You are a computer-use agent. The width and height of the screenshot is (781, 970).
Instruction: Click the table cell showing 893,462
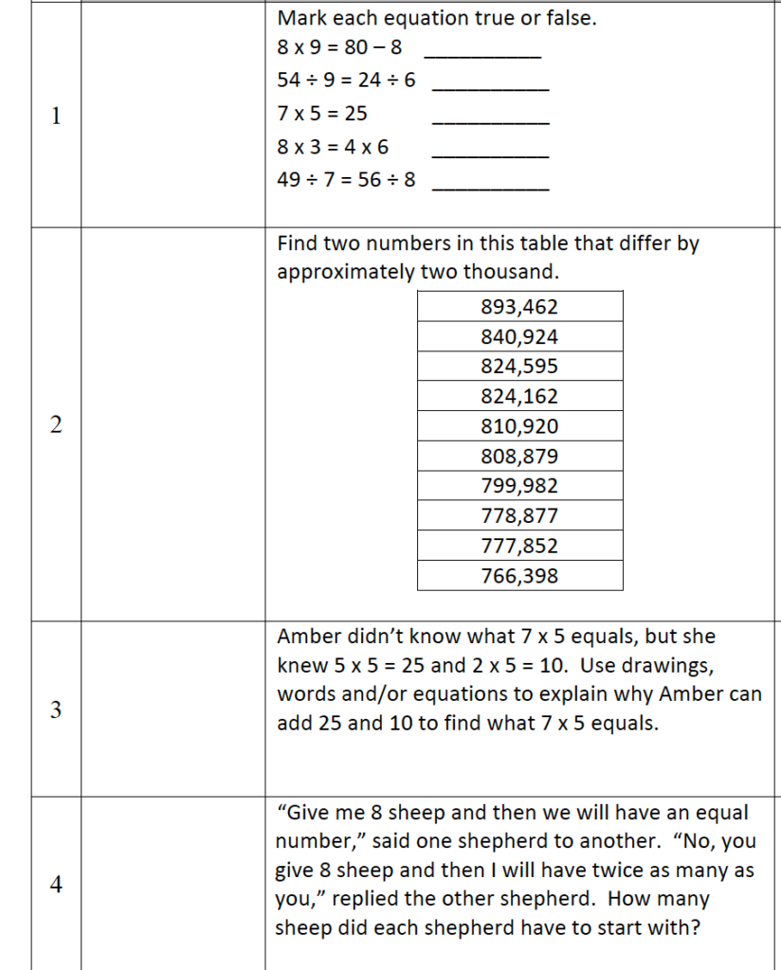click(x=519, y=307)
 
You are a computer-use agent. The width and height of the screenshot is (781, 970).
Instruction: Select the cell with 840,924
click(x=519, y=337)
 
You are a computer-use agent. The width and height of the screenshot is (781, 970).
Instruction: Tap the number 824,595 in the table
click(x=519, y=367)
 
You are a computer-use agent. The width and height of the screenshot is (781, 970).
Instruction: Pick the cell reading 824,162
click(x=519, y=397)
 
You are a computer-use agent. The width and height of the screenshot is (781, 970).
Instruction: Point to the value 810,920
click(x=519, y=426)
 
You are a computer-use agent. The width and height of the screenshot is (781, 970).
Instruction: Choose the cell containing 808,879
click(x=519, y=457)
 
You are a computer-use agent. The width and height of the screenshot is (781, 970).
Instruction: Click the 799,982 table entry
click(x=519, y=486)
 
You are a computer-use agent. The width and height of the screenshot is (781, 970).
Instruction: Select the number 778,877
click(x=519, y=516)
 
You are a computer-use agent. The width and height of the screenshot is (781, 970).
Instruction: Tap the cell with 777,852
click(x=519, y=546)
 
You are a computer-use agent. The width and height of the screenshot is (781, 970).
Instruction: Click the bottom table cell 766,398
click(x=519, y=576)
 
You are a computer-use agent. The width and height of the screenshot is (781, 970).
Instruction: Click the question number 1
click(x=56, y=117)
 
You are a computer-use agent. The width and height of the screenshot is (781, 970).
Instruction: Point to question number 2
click(x=56, y=425)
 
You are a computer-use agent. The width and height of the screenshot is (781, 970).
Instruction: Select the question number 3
click(x=56, y=710)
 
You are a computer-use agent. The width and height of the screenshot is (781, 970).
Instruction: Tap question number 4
click(x=56, y=886)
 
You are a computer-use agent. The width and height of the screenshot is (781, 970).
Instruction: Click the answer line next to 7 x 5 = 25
click(x=489, y=122)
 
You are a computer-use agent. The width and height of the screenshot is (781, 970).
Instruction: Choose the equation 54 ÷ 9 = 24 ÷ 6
click(x=346, y=81)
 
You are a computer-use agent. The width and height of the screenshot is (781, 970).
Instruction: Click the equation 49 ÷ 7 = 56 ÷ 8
click(x=346, y=179)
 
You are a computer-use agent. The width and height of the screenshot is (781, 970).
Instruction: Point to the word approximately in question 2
click(x=345, y=273)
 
